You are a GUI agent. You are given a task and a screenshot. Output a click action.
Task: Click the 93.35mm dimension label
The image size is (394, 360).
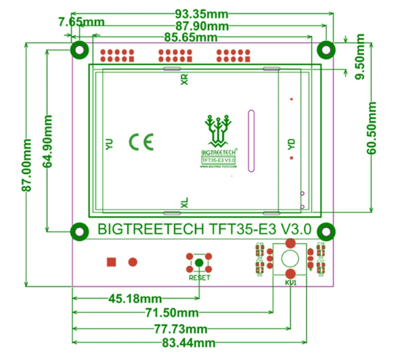(x=202, y=14)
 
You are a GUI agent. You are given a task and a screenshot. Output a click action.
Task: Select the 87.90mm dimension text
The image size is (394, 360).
(x=202, y=26)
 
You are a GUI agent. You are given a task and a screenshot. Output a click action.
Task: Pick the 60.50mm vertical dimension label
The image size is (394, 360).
(x=371, y=129)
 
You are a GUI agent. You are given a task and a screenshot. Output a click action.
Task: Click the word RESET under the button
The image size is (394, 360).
(x=200, y=277)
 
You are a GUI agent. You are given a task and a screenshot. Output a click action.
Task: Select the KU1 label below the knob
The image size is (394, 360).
(x=290, y=282)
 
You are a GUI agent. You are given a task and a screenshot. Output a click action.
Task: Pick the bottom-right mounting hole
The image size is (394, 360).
(x=326, y=231)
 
